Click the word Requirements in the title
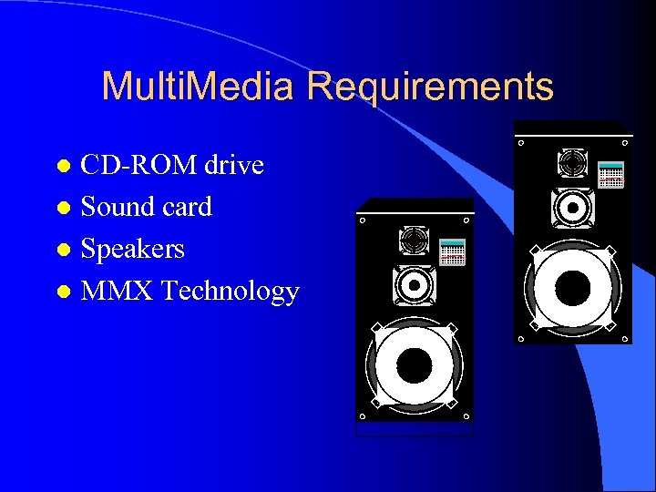[430, 87]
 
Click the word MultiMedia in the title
[199, 87]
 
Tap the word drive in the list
[233, 166]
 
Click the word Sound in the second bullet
[118, 208]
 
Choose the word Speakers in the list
[133, 250]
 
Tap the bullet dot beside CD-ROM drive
[63, 167]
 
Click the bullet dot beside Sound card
[63, 209]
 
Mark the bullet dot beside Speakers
[63, 251]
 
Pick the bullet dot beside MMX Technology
[63, 292]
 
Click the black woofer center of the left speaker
[414, 365]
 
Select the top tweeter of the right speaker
[573, 163]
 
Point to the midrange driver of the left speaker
[413, 283]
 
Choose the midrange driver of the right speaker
[572, 206]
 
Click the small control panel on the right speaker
[611, 175]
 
